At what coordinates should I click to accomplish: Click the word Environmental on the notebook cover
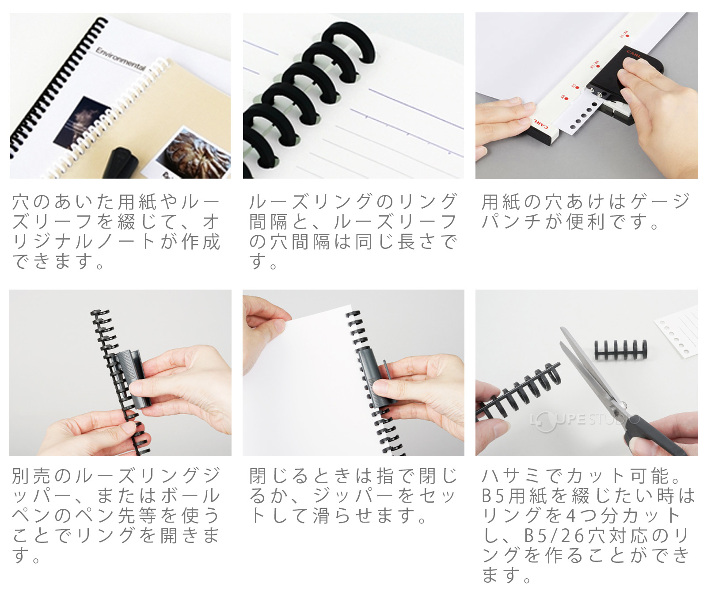point(121,59)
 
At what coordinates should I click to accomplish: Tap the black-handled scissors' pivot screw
point(624,405)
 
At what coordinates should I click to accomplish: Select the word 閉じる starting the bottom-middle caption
point(279,476)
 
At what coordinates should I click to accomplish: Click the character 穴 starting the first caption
point(21,202)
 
